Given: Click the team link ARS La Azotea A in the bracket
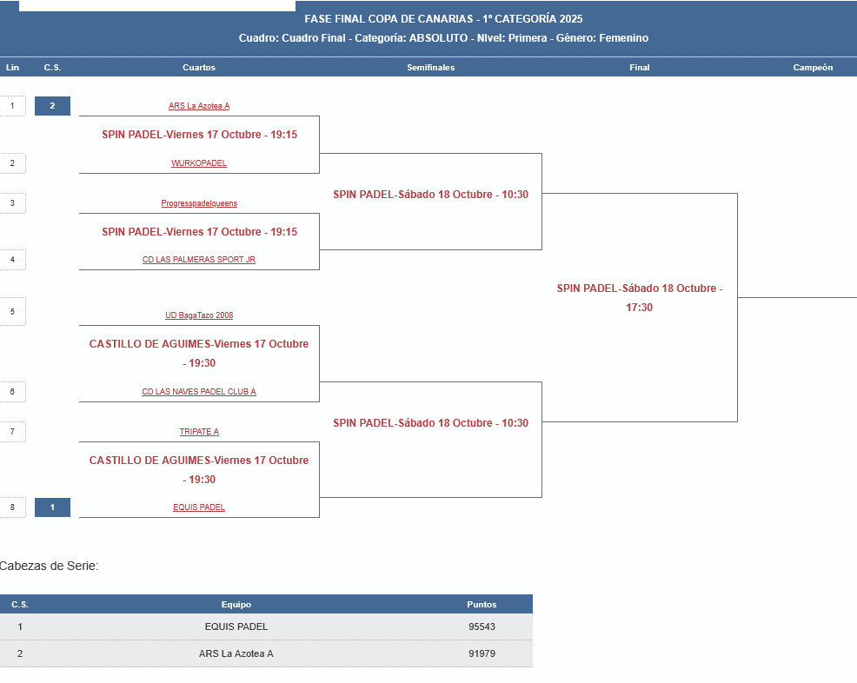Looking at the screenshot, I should [x=199, y=106].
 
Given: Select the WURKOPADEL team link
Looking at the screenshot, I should [x=199, y=163].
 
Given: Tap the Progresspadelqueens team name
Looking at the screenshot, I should [x=199, y=203].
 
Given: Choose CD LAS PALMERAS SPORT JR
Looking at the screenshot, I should [x=199, y=260].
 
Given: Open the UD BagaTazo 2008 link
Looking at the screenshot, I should [x=199, y=315].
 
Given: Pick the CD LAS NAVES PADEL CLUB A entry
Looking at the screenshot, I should [x=199, y=392].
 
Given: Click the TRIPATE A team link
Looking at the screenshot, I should [x=199, y=432].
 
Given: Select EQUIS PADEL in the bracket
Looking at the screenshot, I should [x=199, y=507].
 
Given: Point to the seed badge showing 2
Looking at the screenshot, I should [x=52, y=106].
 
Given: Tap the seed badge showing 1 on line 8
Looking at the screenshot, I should [x=52, y=507].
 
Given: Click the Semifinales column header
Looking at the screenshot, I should [x=430, y=68].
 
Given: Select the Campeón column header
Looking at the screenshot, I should [x=813, y=68].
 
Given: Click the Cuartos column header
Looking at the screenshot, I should [x=199, y=68].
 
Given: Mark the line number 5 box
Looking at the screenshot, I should [x=12, y=311].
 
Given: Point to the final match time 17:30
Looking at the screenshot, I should [x=640, y=308].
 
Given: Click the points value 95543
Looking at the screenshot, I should [x=482, y=627].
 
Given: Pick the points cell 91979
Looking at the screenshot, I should [x=482, y=653].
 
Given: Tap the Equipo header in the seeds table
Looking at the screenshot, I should [x=236, y=605].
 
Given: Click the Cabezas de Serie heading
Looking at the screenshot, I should [x=49, y=566].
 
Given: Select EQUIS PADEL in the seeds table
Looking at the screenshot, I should [x=236, y=627].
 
